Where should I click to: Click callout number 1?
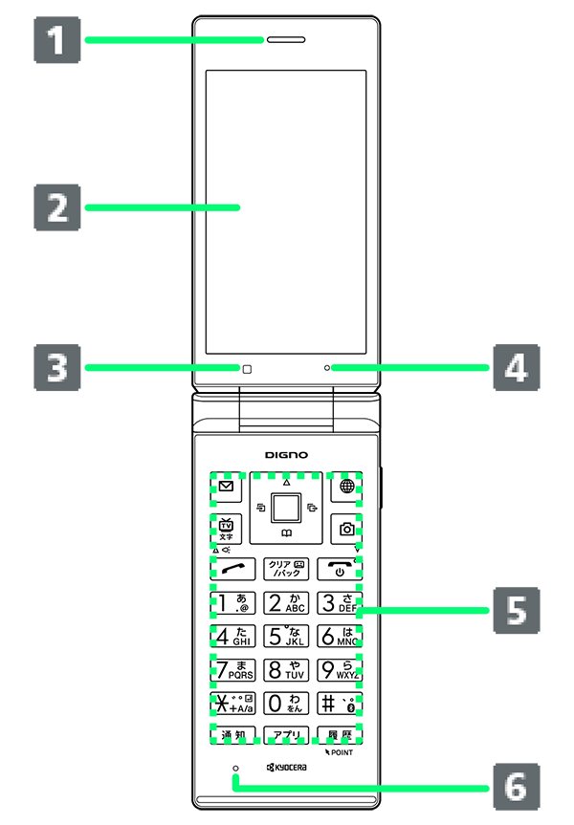58,41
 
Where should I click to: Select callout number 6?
516,787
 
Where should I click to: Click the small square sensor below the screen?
245,368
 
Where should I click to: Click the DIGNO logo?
286,455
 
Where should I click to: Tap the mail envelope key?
226,487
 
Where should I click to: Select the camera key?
346,529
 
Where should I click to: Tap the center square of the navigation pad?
286,504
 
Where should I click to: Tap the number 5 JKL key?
286,636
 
